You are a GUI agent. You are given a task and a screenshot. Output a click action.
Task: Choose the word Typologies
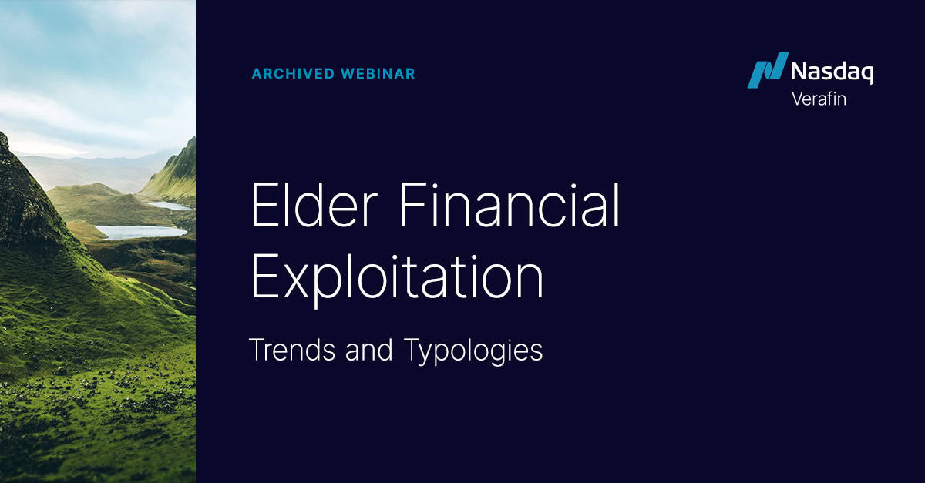pyautogui.click(x=473, y=351)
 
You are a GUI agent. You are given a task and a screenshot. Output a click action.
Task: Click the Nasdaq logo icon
pyautogui.click(x=767, y=71)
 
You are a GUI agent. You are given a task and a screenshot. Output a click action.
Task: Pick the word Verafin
pyautogui.click(x=819, y=99)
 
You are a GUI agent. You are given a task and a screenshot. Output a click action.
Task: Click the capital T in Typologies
pyautogui.click(x=411, y=351)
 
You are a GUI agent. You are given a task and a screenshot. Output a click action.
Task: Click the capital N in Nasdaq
pyautogui.click(x=799, y=72)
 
